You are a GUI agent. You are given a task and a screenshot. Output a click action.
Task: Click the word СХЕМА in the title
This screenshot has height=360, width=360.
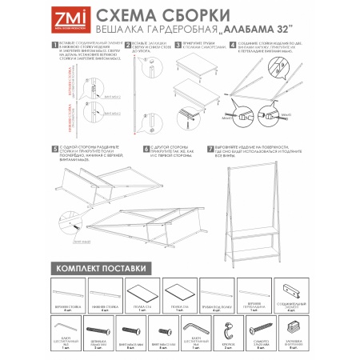pyautogui.click(x=129, y=14)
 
